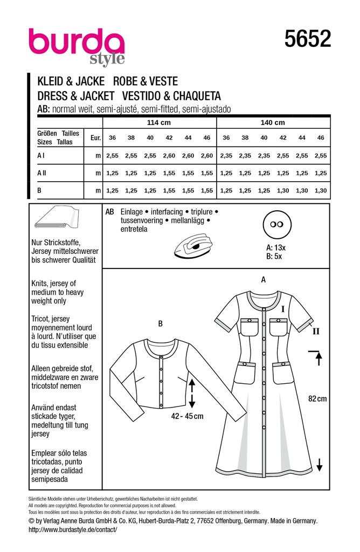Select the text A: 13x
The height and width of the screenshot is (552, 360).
tap(275, 248)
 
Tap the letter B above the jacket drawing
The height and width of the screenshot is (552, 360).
tap(160, 323)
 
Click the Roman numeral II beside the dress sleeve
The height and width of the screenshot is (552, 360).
tap(316, 332)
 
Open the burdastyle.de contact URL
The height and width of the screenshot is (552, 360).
tap(72, 530)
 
